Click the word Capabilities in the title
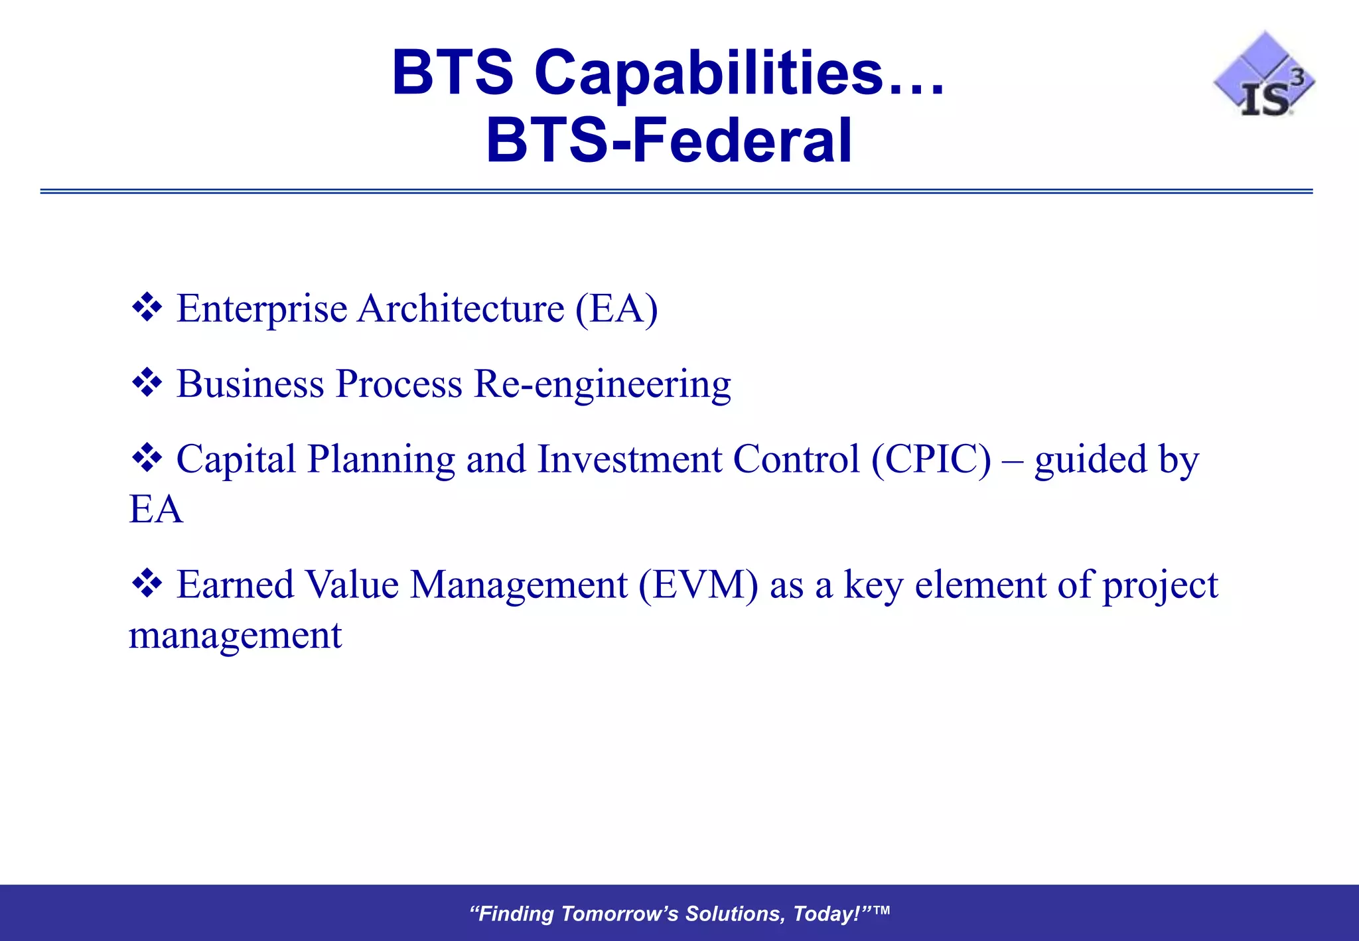point(709,72)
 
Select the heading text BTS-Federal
point(669,140)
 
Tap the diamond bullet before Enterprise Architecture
point(147,308)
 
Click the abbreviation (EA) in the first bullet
point(616,309)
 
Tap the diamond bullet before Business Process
point(147,384)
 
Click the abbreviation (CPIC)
point(931,459)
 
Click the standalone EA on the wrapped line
point(156,510)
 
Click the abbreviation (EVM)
point(698,585)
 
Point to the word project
point(1160,587)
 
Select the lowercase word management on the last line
point(235,636)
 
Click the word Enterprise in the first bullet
point(261,309)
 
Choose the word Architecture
point(461,309)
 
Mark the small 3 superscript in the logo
point(1297,78)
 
